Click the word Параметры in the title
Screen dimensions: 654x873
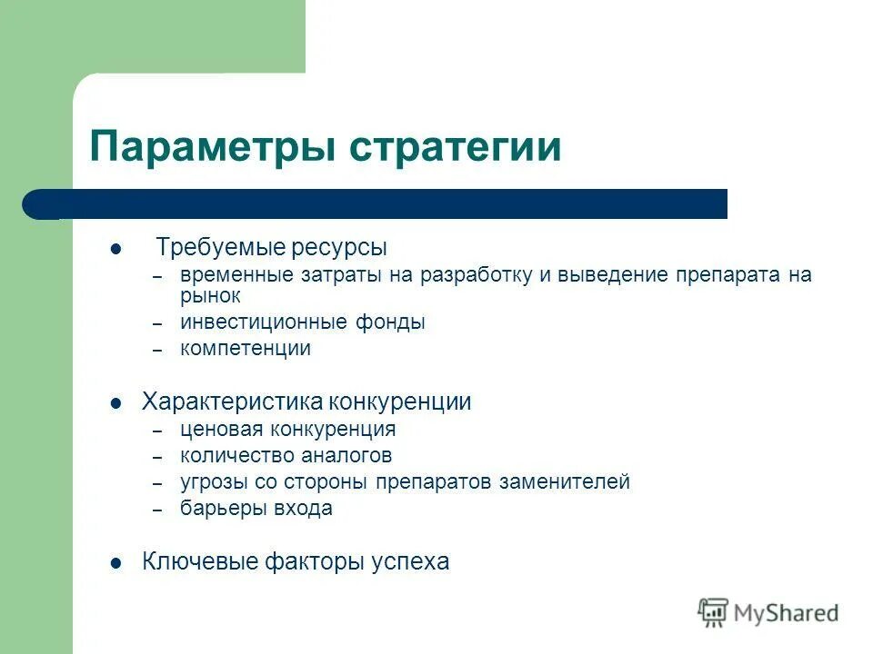pyautogui.click(x=212, y=145)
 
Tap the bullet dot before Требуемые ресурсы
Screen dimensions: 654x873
pyautogui.click(x=115, y=249)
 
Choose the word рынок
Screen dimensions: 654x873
pyautogui.click(x=210, y=296)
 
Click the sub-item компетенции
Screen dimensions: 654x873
pyautogui.click(x=245, y=349)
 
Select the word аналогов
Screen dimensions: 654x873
pyautogui.click(x=348, y=456)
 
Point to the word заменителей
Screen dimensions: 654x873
pyautogui.click(x=564, y=482)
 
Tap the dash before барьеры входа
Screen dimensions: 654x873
pyautogui.click(x=157, y=510)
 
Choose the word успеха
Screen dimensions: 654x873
pyautogui.click(x=409, y=562)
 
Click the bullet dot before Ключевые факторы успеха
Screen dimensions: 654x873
pyautogui.click(x=115, y=563)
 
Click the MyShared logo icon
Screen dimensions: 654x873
pyautogui.click(x=714, y=612)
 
